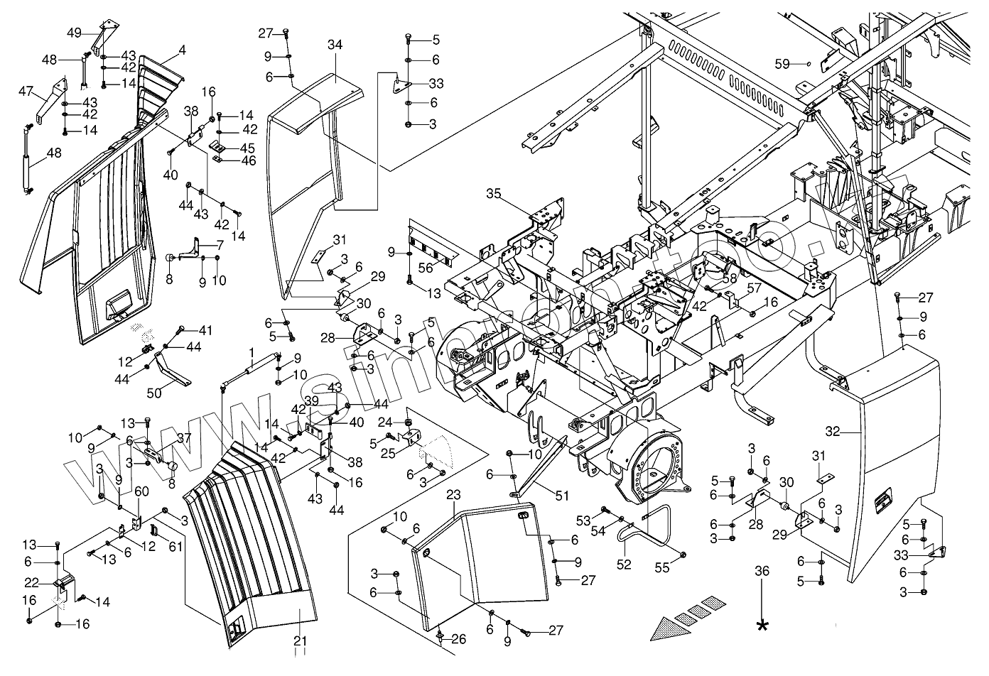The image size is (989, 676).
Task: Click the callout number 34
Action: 335,45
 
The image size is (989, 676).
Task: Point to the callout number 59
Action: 782,64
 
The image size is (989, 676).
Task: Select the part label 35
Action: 494,192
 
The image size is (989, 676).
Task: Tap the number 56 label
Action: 426,268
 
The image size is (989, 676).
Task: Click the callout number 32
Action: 833,431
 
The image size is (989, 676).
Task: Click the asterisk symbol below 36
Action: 763,625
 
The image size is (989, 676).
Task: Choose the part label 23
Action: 455,493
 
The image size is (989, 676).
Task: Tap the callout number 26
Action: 459,640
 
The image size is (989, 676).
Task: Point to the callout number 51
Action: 561,496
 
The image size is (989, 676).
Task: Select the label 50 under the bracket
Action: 154,392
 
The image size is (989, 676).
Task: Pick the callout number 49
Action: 75,32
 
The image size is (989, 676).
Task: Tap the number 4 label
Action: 183,50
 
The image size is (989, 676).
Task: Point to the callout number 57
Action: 753,288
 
